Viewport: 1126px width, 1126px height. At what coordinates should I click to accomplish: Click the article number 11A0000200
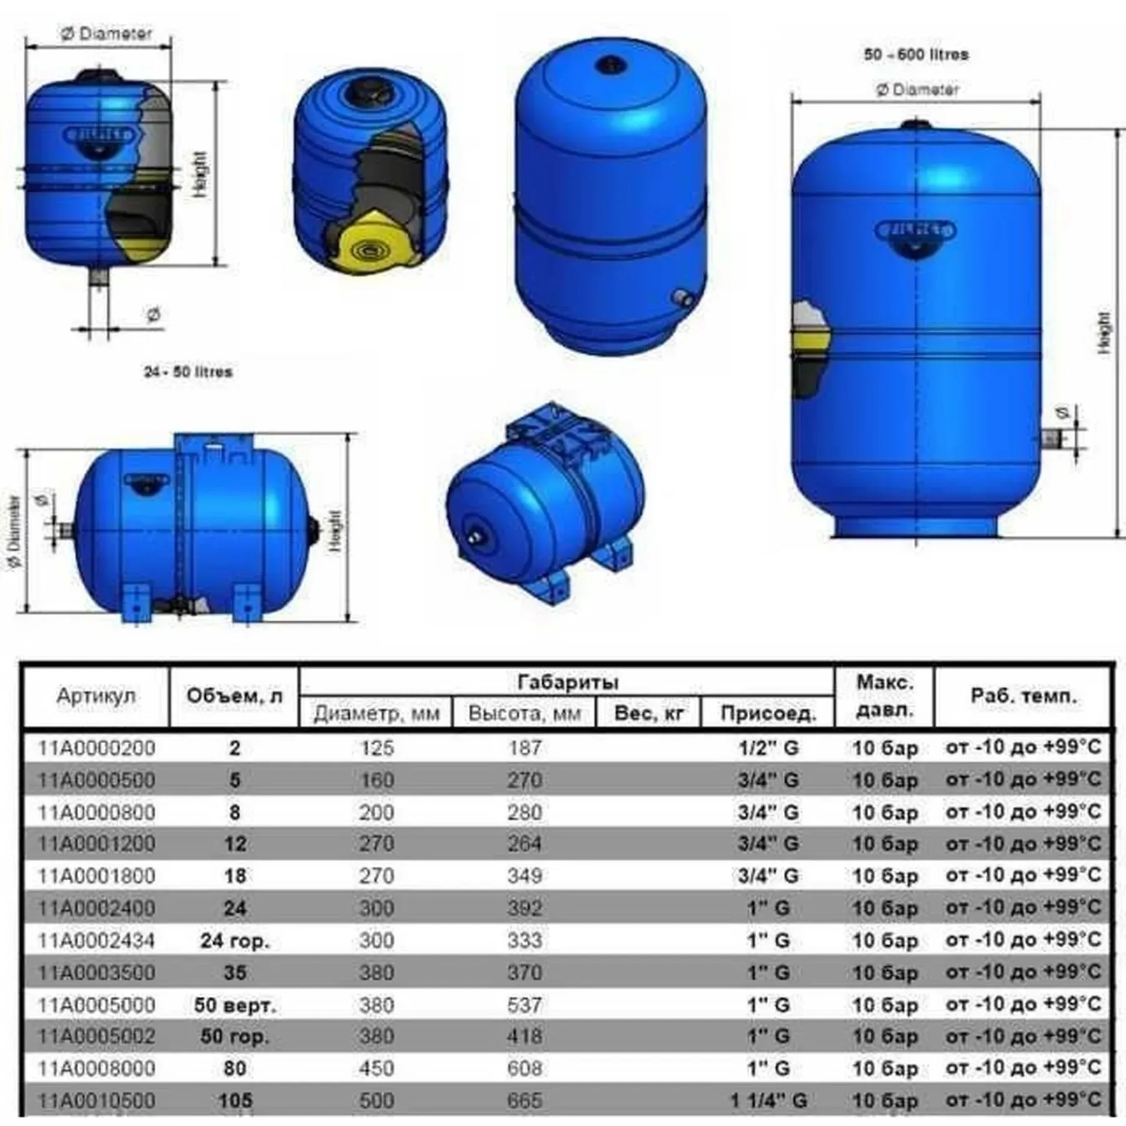[x=96, y=748]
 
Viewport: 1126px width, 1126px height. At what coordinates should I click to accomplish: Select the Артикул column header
[x=96, y=696]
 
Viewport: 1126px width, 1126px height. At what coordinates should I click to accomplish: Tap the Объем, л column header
[x=234, y=696]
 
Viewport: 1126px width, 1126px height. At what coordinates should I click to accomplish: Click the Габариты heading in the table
[x=567, y=681]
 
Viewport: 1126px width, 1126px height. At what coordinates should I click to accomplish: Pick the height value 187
[x=524, y=748]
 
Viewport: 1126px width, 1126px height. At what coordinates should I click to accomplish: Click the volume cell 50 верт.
[x=235, y=1005]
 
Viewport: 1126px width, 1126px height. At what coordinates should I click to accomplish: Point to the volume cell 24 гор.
[x=235, y=940]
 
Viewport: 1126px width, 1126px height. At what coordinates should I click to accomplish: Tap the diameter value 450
[x=377, y=1068]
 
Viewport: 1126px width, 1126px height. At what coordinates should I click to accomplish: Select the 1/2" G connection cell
[x=768, y=748]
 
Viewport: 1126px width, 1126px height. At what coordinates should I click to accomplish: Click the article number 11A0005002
[x=96, y=1036]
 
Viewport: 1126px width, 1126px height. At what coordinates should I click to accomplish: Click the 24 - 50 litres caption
[x=188, y=372]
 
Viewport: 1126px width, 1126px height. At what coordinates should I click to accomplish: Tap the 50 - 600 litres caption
[x=916, y=54]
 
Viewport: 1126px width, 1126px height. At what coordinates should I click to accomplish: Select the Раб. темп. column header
[x=1023, y=696]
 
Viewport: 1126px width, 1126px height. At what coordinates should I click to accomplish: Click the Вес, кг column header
[x=648, y=713]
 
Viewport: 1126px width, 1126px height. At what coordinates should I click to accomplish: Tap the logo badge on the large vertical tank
[x=915, y=231]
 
